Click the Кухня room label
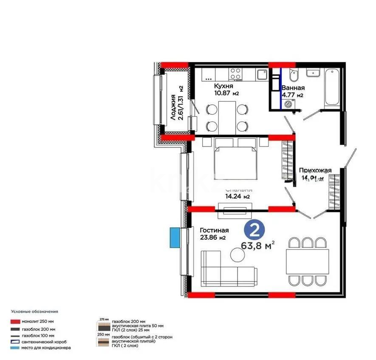click(x=224, y=86)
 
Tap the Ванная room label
click(x=293, y=88)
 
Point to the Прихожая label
click(x=315, y=170)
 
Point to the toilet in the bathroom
click(x=293, y=77)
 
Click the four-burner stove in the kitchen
click(x=235, y=74)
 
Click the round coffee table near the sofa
click(x=237, y=255)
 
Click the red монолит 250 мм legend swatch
click(x=16, y=322)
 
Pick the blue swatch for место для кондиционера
click(x=16, y=348)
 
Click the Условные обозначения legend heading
click(x=34, y=312)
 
